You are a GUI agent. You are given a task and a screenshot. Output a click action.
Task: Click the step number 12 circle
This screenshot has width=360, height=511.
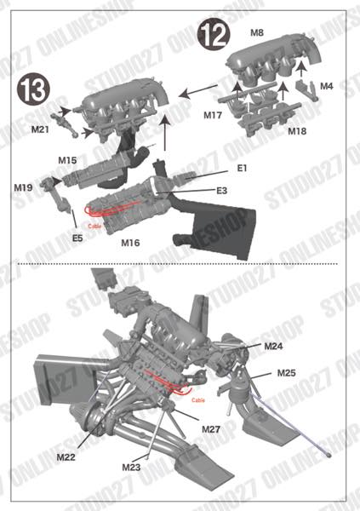(213, 35)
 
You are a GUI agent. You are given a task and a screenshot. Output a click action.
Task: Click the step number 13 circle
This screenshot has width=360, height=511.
(31, 88)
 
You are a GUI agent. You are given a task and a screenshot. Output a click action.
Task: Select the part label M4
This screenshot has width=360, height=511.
(328, 86)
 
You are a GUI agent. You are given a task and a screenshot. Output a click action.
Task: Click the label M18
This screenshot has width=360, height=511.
(296, 132)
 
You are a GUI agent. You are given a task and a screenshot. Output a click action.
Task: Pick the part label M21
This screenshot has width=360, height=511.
(40, 129)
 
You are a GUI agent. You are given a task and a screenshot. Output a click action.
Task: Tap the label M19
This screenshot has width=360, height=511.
(23, 187)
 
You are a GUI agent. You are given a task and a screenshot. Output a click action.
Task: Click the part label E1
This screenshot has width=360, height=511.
(243, 169)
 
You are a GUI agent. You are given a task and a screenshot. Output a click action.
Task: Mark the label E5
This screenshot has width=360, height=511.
(77, 238)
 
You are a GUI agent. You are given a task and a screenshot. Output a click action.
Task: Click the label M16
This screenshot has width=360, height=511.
(130, 243)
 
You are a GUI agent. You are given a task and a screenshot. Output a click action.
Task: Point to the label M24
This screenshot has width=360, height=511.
(273, 347)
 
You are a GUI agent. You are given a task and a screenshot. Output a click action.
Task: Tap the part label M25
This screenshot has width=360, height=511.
(286, 373)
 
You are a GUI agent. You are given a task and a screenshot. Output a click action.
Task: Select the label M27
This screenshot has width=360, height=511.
(212, 428)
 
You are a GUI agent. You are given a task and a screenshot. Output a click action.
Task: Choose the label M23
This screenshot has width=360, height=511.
(130, 467)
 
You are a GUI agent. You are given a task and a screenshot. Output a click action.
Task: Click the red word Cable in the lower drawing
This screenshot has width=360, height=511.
(199, 399)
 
